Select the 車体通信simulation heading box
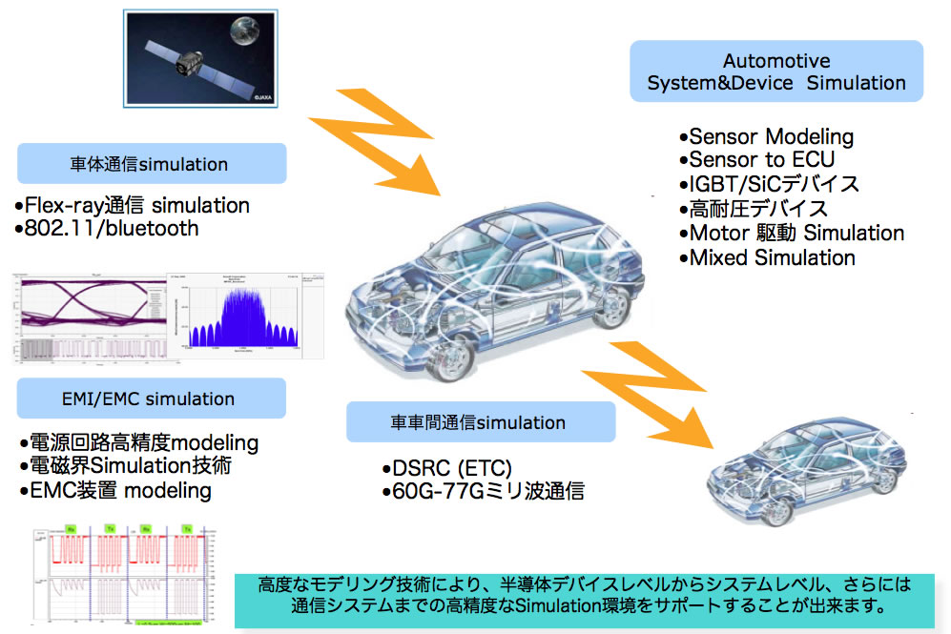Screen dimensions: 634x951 tap(152, 164)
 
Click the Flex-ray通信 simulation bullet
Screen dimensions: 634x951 tap(133, 205)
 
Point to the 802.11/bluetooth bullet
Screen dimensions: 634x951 tap(107, 229)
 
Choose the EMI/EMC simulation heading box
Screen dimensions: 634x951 tap(152, 399)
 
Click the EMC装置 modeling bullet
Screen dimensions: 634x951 tap(114, 492)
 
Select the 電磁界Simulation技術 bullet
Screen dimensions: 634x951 tap(125, 467)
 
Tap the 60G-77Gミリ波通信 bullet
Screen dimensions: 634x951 tap(483, 492)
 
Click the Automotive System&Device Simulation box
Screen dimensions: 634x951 tap(776, 72)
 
